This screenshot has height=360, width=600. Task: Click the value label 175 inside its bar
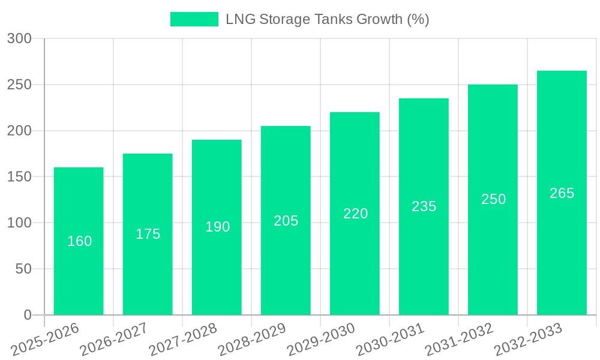tap(148, 234)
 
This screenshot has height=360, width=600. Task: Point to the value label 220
tap(355, 214)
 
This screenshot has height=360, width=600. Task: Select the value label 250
tap(493, 199)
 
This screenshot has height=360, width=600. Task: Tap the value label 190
tap(217, 227)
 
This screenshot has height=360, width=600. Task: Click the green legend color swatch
tap(194, 19)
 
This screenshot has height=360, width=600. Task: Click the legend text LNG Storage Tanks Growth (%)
tap(327, 19)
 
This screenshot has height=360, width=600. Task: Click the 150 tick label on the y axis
tap(19, 177)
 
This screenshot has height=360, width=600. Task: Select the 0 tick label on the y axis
tap(27, 315)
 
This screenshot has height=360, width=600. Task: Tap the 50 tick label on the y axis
tap(23, 269)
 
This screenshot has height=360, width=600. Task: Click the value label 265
tap(562, 193)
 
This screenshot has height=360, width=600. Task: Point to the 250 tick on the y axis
tap(19, 85)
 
